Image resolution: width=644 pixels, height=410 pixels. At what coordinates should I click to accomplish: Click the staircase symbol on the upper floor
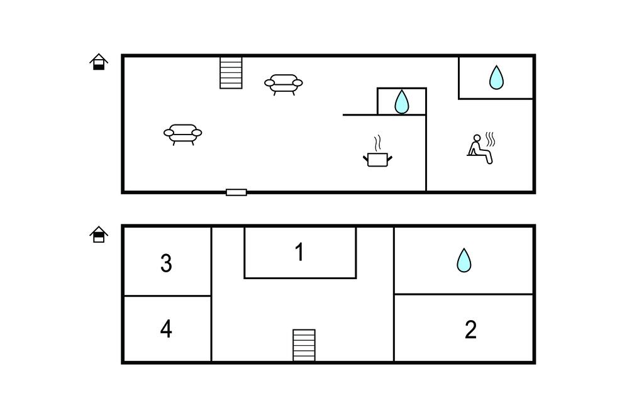[x=231, y=72]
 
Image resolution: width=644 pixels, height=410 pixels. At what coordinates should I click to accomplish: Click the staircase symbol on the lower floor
[x=304, y=345]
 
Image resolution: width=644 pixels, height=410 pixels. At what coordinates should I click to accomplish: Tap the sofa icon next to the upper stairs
[x=284, y=84]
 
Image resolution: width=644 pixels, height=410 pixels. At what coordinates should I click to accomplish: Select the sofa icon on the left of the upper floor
[x=183, y=133]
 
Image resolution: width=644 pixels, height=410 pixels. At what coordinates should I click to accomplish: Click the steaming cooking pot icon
[x=377, y=159]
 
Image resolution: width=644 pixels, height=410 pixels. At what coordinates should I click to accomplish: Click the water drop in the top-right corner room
[x=496, y=77]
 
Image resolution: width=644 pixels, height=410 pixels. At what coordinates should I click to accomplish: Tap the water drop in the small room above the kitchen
[x=401, y=102]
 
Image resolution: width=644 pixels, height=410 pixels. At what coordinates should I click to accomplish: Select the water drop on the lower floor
[x=464, y=260]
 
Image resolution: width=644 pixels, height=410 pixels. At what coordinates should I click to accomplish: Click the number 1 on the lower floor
[x=300, y=252]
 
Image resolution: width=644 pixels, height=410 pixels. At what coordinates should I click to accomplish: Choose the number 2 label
[x=470, y=330]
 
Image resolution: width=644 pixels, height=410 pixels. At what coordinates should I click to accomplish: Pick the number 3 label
[x=166, y=263]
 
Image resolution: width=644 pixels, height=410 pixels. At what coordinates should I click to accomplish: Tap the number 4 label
[x=166, y=329]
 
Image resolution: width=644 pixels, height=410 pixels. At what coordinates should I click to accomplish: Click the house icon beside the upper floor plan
[x=99, y=62]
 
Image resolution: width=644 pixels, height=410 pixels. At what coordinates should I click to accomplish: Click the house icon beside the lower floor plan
[x=99, y=235]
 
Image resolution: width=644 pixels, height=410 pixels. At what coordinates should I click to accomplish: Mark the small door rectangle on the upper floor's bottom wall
[x=236, y=192]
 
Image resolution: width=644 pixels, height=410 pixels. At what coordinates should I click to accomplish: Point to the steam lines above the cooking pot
[x=377, y=141]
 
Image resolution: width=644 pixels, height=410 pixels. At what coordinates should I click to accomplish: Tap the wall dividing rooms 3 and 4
[x=167, y=296]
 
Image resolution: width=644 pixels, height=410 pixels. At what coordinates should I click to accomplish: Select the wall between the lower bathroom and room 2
[x=464, y=294]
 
